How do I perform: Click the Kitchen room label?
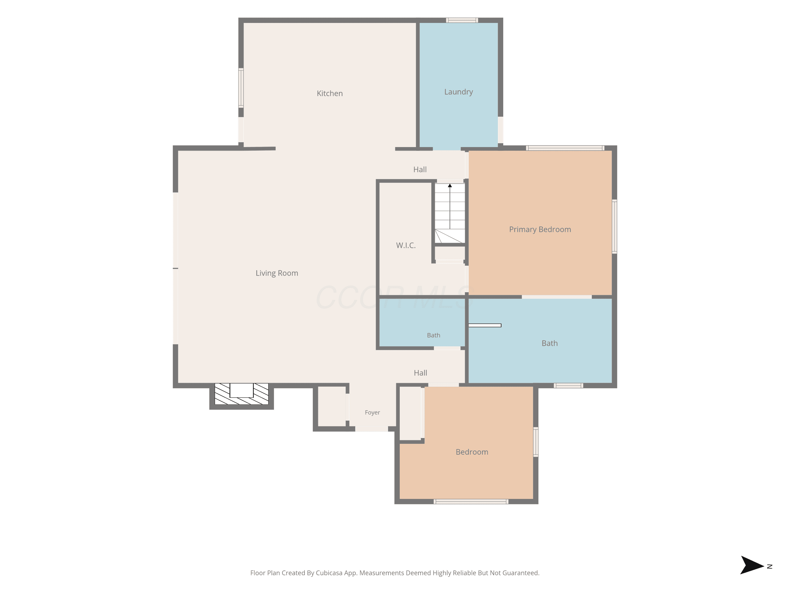pyautogui.click(x=330, y=93)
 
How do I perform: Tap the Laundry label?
pyautogui.click(x=458, y=92)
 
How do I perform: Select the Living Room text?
pyautogui.click(x=277, y=273)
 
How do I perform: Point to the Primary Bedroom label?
pyautogui.click(x=540, y=230)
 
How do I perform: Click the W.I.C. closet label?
pyautogui.click(x=406, y=245)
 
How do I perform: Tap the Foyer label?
pyautogui.click(x=372, y=412)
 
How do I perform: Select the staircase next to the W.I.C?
pyautogui.click(x=450, y=213)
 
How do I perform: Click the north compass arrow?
pyautogui.click(x=752, y=565)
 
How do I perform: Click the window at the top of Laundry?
pyautogui.click(x=462, y=20)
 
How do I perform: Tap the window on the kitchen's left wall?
pyautogui.click(x=241, y=88)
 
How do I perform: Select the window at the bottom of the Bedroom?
pyautogui.click(x=471, y=502)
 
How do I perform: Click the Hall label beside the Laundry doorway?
pyautogui.click(x=420, y=169)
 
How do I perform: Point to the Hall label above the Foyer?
pyautogui.click(x=420, y=373)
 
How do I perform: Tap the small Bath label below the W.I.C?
pyautogui.click(x=433, y=335)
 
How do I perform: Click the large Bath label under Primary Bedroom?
pyautogui.click(x=550, y=343)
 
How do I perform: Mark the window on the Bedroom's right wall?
pyautogui.click(x=536, y=442)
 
